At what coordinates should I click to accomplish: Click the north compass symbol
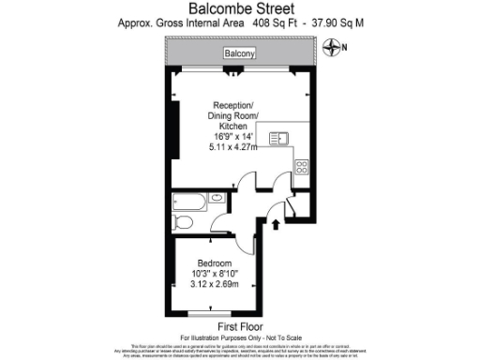331,46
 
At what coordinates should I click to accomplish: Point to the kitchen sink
278,140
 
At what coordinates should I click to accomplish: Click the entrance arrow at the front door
275,224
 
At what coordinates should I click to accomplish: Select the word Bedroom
216,262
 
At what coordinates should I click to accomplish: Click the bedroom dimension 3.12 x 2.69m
216,283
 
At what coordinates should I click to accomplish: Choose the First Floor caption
239,325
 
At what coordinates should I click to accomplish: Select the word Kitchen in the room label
233,126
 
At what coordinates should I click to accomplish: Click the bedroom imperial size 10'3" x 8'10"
216,273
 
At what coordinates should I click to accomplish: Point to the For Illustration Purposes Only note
239,337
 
